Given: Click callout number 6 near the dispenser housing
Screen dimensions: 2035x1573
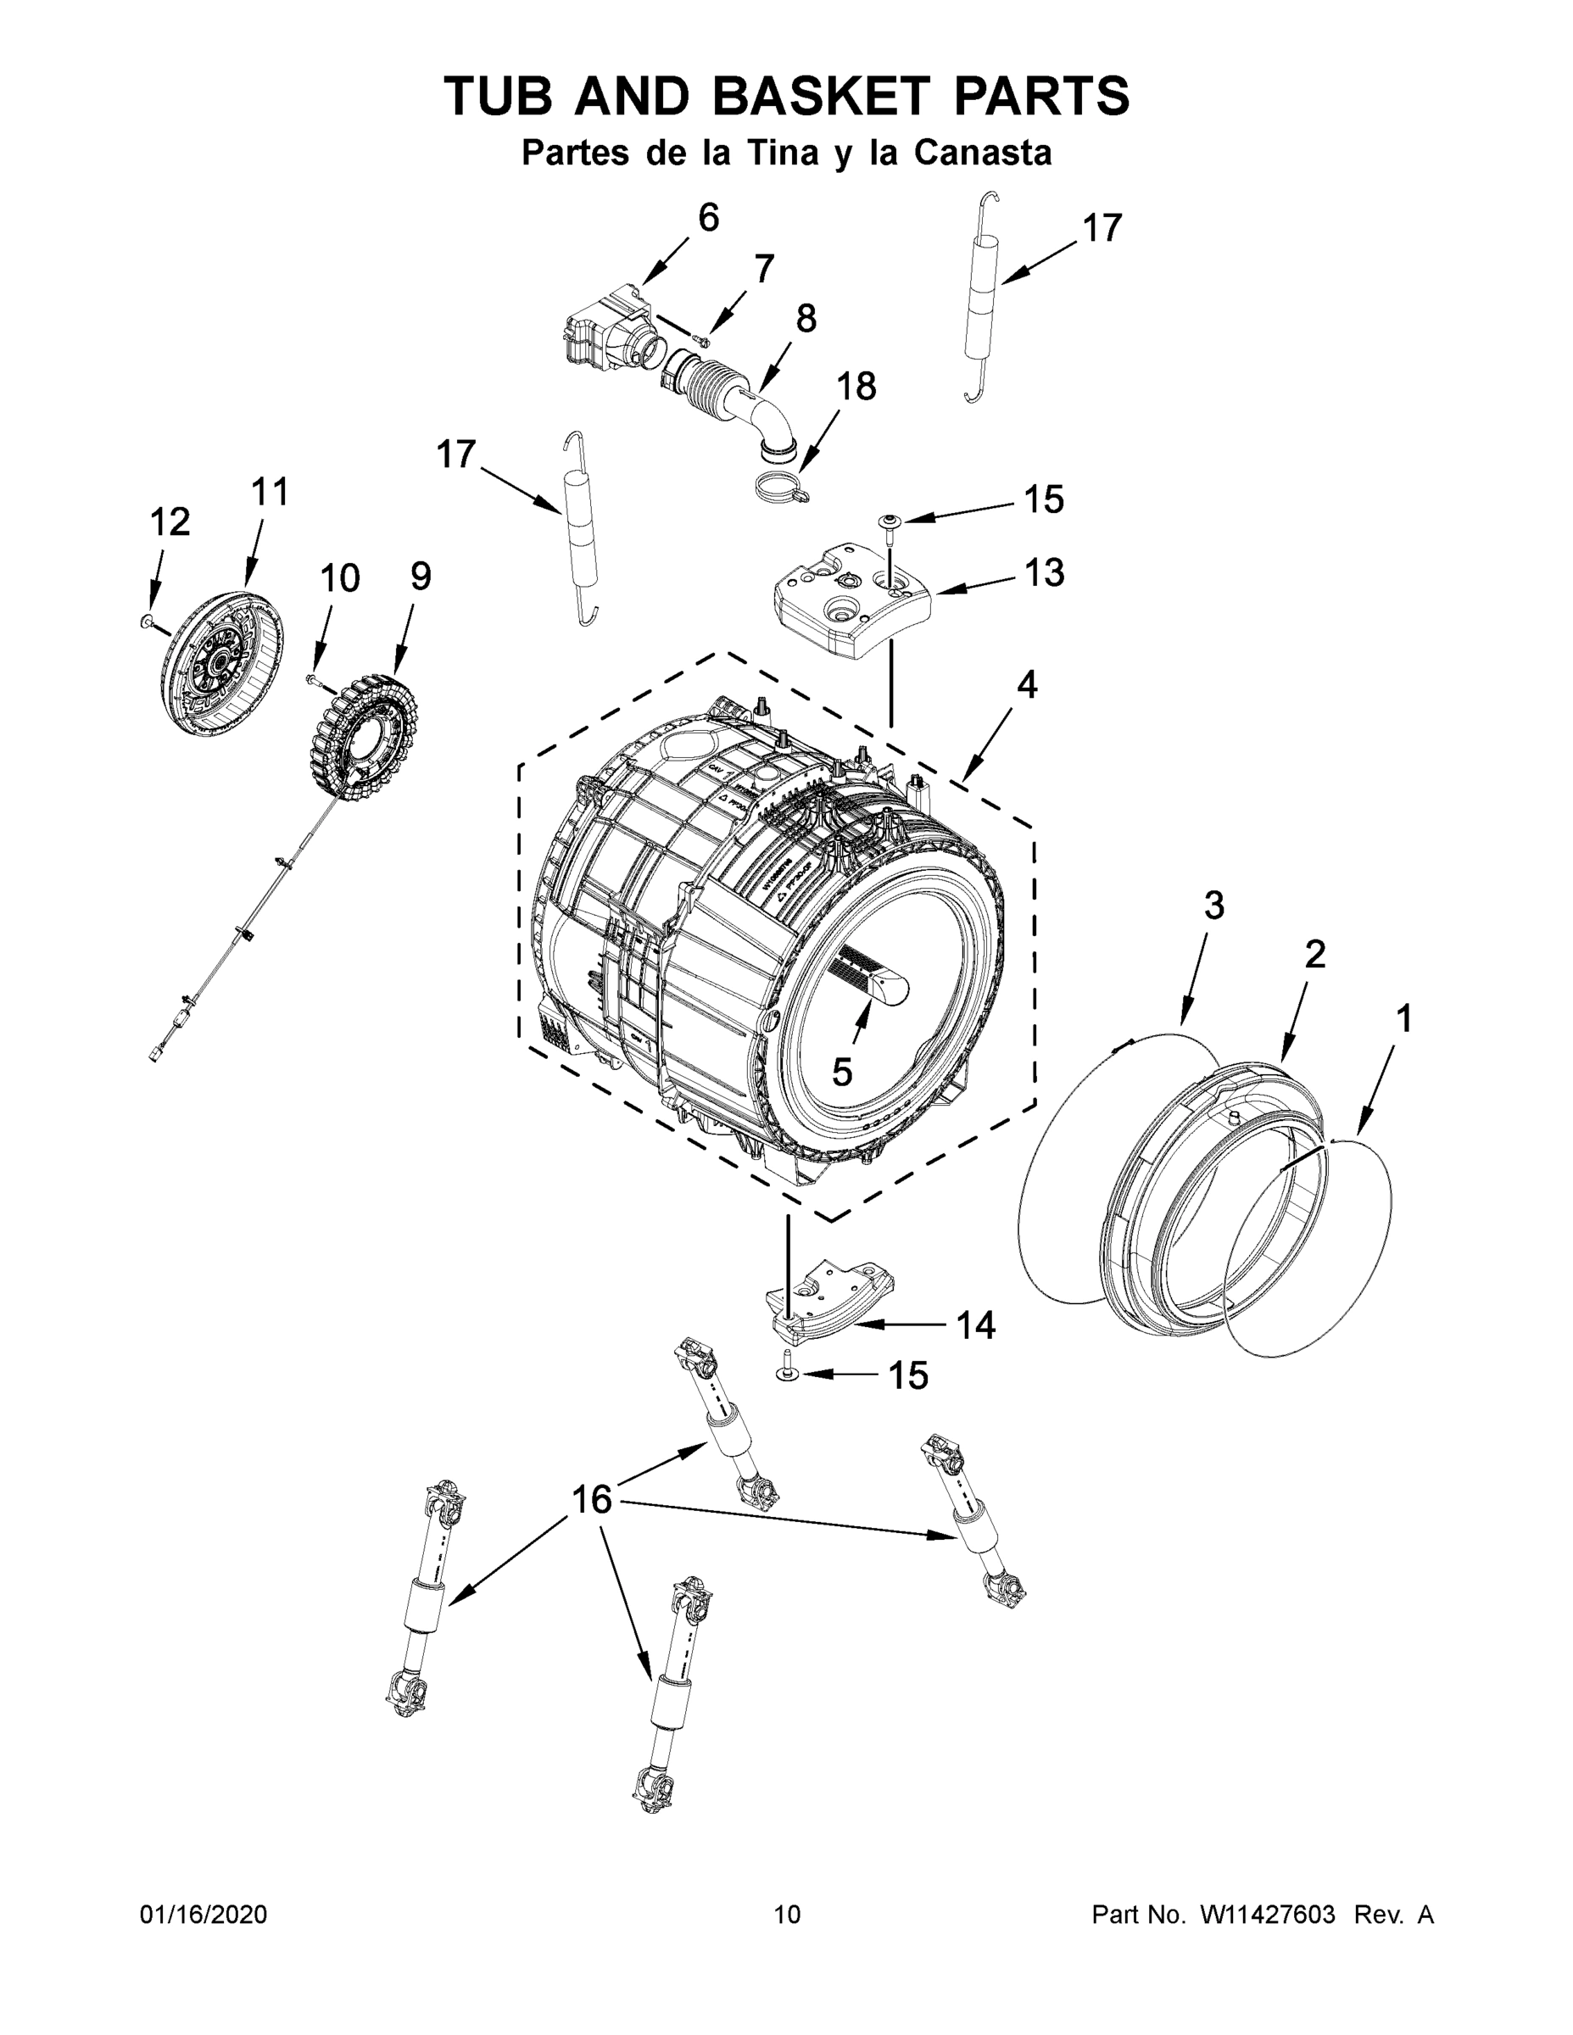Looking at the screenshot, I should (708, 218).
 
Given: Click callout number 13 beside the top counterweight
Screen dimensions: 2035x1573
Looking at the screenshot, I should (1044, 572).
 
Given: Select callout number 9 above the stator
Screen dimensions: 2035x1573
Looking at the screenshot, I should (421, 577).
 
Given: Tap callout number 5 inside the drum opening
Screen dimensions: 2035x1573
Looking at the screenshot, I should (841, 1073).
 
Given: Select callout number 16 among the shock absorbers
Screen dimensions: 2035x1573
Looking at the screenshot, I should (592, 1499).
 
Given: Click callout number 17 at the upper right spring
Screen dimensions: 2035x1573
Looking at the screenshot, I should (1102, 228).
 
